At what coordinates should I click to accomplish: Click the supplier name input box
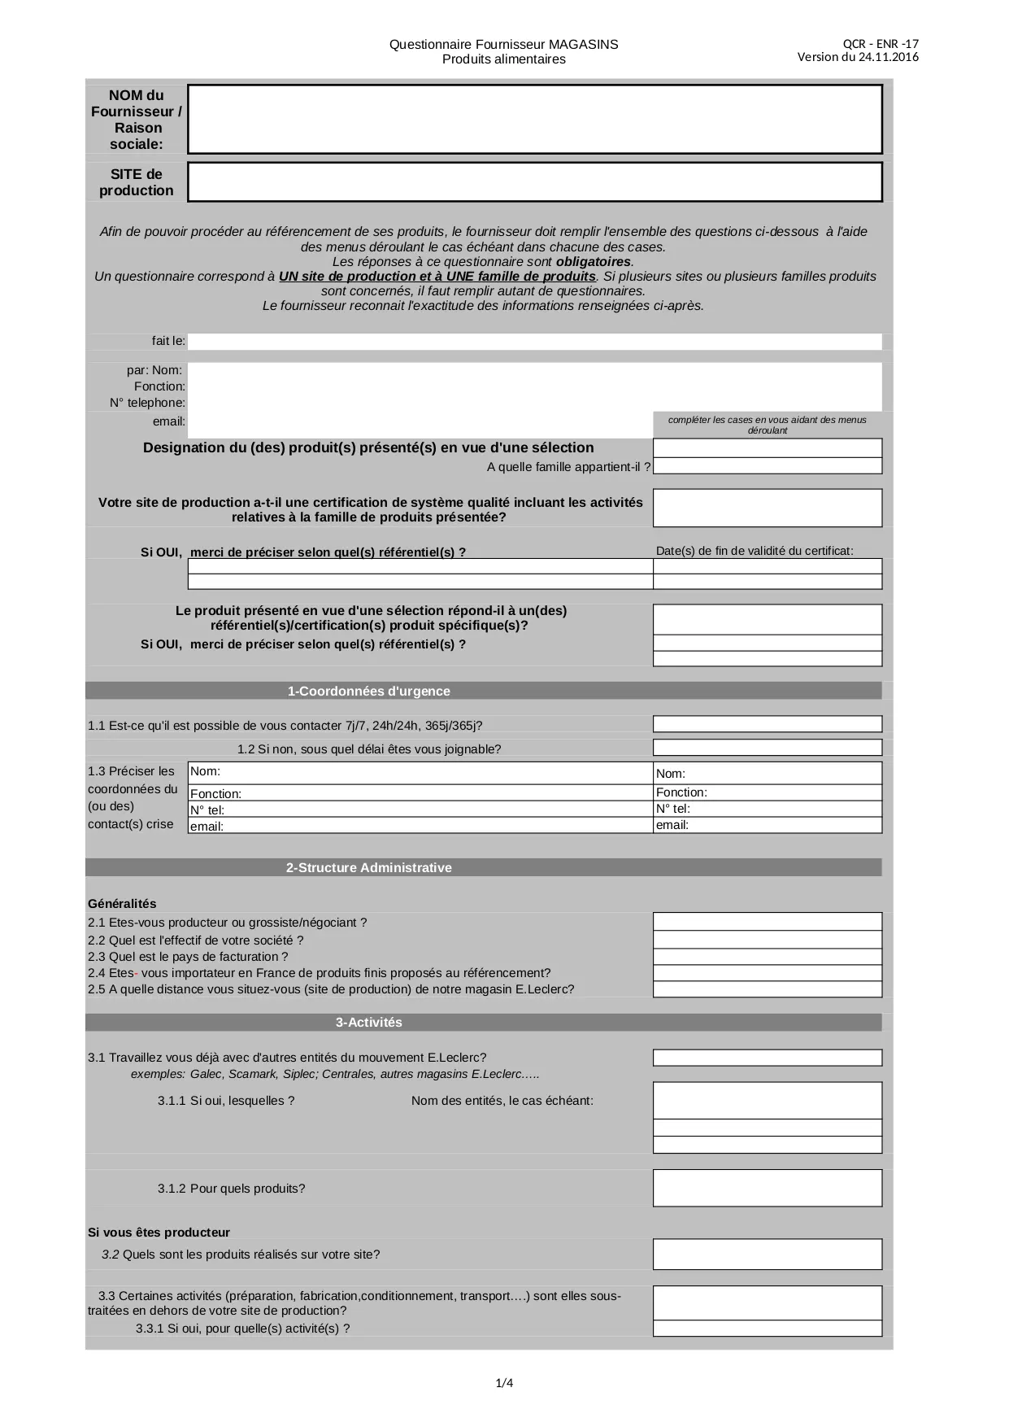534,119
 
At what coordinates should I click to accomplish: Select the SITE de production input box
534,181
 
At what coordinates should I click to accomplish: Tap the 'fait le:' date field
534,342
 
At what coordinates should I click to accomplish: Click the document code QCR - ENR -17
881,44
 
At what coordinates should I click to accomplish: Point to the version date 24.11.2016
888,57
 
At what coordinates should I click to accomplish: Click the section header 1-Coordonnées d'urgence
368,691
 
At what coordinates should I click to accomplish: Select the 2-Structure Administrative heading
368,867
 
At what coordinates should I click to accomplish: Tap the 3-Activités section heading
368,1022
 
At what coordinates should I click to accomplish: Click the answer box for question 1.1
767,724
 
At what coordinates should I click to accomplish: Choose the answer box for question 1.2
767,748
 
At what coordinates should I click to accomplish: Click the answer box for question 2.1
767,922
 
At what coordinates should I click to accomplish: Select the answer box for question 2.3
767,957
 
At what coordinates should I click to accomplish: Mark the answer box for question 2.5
767,989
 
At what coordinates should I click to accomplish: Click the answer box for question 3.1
767,1058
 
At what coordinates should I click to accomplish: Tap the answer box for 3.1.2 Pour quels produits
767,1188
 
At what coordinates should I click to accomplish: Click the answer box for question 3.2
767,1254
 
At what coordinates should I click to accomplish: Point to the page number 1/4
504,1383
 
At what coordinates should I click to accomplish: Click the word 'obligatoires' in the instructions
594,262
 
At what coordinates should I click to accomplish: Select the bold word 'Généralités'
122,904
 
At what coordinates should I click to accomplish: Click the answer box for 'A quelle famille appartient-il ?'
767,466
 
